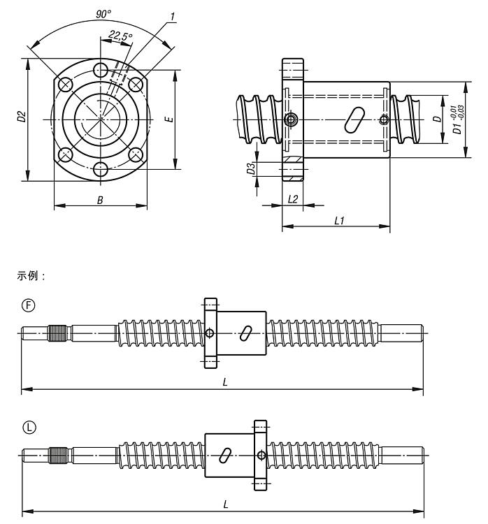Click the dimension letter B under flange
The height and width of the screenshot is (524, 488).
[100, 201]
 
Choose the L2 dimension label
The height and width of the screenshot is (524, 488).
[294, 199]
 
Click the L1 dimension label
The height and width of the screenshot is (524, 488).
[339, 220]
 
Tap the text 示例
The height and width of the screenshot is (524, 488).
[30, 276]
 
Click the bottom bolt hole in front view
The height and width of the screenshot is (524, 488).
[101, 168]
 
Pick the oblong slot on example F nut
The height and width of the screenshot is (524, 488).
[246, 333]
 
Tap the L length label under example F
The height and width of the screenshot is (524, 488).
[223, 383]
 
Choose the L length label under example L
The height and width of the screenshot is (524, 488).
[223, 504]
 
